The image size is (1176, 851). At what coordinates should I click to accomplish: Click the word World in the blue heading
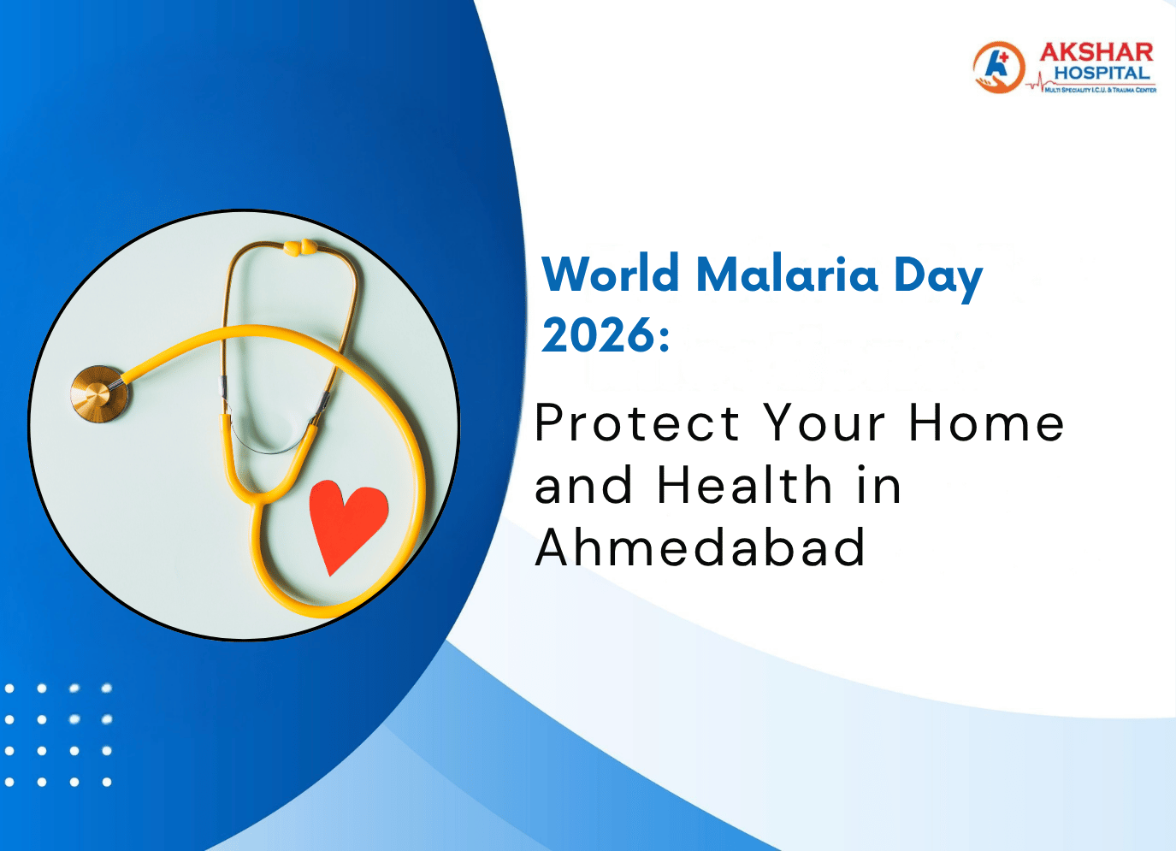(x=611, y=275)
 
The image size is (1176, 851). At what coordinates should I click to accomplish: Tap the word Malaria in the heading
(x=787, y=275)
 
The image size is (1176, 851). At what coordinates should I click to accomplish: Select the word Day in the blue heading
(x=937, y=278)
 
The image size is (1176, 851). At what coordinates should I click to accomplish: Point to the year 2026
(x=596, y=335)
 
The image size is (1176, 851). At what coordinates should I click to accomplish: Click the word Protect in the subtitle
(x=637, y=423)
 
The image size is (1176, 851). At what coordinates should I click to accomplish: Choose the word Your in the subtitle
(x=824, y=423)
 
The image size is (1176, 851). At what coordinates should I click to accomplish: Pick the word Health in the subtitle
(x=744, y=486)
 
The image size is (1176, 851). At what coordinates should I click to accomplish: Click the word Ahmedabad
(x=700, y=547)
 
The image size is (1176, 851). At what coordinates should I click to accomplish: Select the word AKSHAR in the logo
(x=1096, y=53)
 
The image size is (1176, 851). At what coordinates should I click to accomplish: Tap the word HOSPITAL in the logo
(x=1102, y=74)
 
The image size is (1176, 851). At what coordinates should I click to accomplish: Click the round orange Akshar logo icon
(x=998, y=68)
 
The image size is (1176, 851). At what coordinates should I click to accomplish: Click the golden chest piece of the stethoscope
(x=100, y=393)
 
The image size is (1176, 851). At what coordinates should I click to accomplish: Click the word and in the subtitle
(x=583, y=486)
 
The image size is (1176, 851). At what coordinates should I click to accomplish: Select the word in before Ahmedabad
(x=878, y=486)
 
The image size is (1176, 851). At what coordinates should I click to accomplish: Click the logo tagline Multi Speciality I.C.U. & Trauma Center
(x=1100, y=90)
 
